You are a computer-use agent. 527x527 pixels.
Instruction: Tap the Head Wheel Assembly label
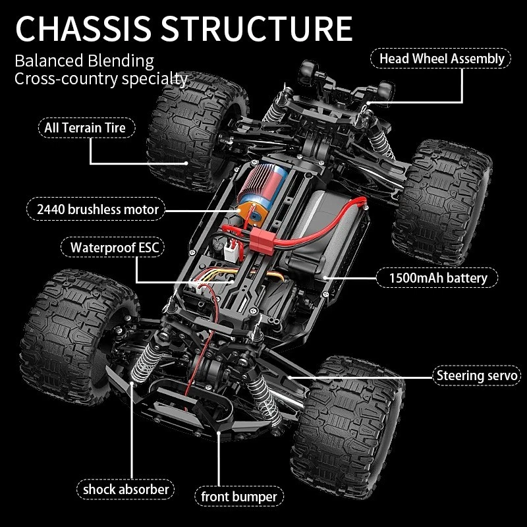(441, 59)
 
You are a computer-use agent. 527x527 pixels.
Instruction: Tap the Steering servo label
(478, 376)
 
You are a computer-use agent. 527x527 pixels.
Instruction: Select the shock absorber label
(126, 489)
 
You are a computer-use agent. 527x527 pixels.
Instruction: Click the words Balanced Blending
(84, 61)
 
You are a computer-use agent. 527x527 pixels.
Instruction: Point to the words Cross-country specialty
(101, 79)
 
